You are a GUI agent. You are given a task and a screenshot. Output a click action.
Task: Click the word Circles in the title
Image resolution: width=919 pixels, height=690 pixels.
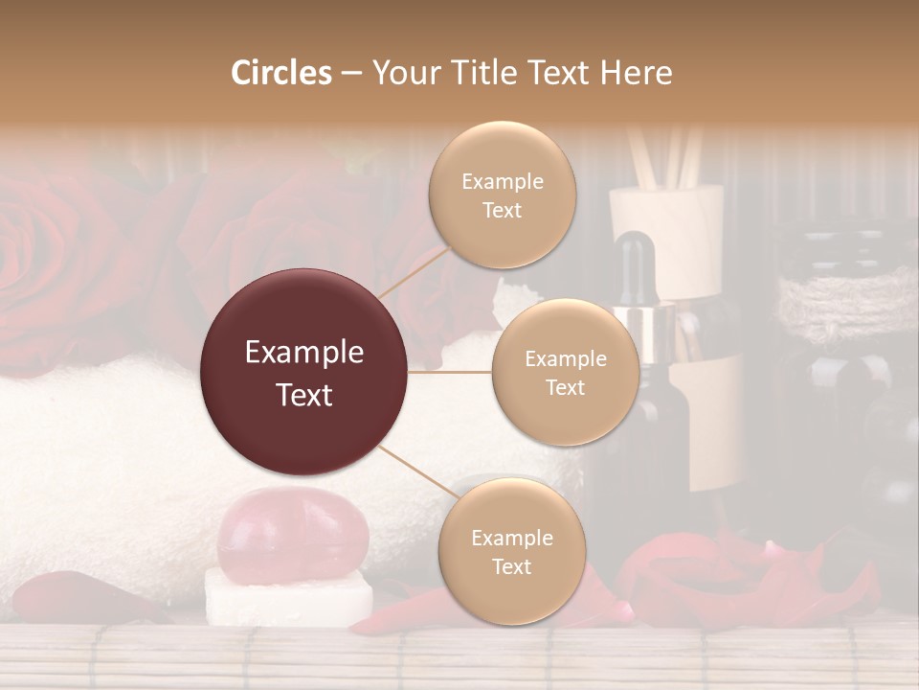point(280,73)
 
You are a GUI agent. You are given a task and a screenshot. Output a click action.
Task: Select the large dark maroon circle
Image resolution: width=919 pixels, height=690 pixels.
point(304,372)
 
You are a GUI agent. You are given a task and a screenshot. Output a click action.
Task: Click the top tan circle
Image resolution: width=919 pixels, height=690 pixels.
point(502,195)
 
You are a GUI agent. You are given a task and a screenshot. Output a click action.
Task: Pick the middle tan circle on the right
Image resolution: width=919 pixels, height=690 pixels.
point(565,372)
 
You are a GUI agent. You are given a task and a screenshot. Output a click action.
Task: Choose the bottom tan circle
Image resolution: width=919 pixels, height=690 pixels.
point(511,551)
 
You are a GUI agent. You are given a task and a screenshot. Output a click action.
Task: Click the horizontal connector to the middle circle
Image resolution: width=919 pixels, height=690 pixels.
point(450,372)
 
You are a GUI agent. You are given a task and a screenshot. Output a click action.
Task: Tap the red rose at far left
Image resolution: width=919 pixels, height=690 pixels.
point(48,259)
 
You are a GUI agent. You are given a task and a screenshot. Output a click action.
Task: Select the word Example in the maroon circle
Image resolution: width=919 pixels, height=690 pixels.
point(304,353)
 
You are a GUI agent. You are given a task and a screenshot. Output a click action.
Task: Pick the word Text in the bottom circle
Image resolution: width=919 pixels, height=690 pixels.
point(511,566)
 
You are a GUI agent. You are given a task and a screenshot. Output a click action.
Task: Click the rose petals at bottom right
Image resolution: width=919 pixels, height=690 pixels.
point(747,580)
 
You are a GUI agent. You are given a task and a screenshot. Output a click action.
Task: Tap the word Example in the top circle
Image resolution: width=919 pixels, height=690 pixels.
point(502,181)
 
